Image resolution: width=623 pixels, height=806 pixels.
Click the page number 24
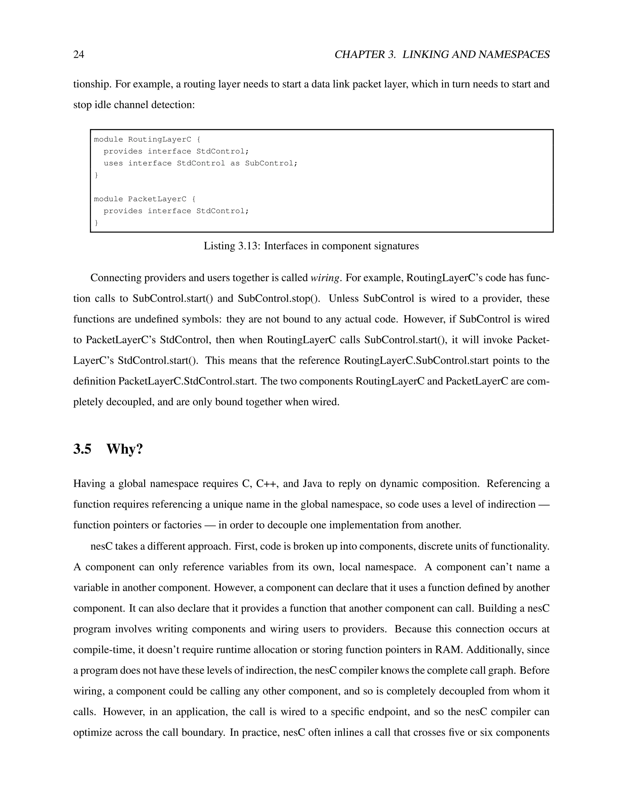78,55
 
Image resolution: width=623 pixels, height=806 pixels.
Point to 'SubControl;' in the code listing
271,163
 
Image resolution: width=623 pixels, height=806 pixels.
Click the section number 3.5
82,449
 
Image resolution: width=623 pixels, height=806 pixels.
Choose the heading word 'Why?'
124,449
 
